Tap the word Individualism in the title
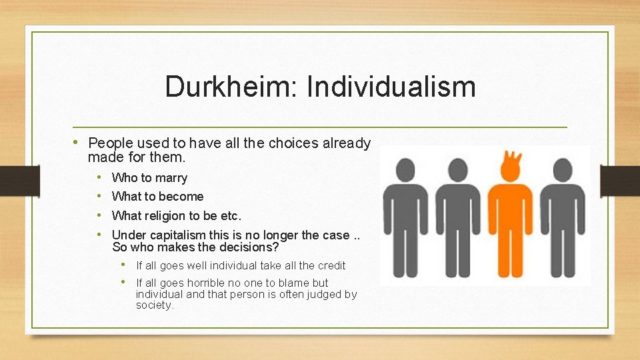(391, 87)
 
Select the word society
(154, 305)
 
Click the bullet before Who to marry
(99, 177)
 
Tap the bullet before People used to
(78, 142)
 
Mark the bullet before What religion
(99, 215)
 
